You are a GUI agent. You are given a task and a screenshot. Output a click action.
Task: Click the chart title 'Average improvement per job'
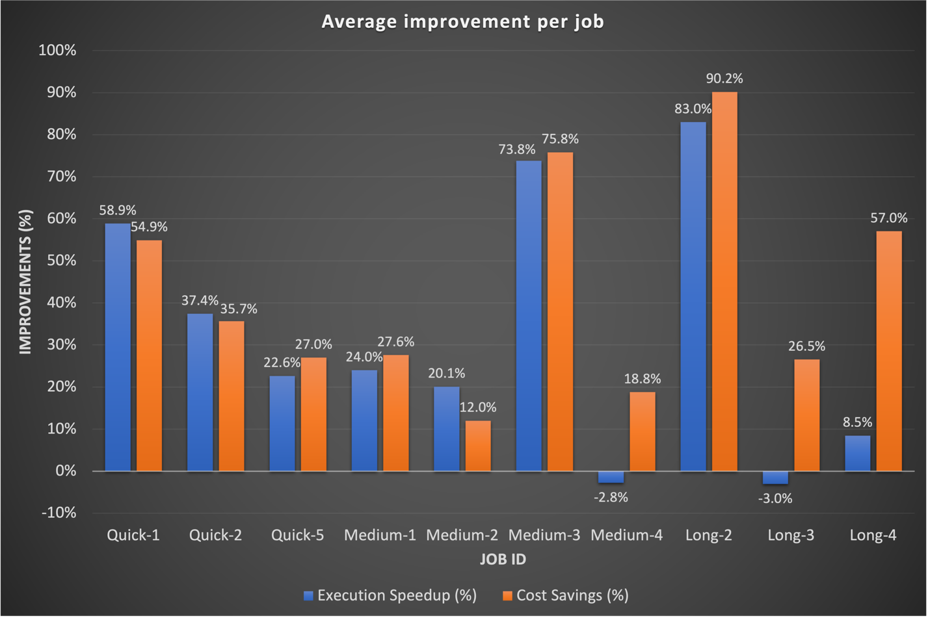tap(462, 21)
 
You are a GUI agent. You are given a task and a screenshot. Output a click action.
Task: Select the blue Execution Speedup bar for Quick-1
tap(118, 347)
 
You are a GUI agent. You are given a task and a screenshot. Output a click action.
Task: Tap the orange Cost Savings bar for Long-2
tap(724, 281)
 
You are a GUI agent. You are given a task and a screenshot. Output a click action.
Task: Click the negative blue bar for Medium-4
tap(611, 477)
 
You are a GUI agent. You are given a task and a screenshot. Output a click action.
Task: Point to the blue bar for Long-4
tap(857, 453)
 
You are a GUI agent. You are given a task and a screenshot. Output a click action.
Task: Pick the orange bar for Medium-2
tap(478, 446)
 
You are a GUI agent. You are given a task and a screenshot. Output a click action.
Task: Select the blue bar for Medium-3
tap(528, 316)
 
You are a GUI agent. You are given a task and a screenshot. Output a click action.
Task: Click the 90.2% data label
tap(724, 79)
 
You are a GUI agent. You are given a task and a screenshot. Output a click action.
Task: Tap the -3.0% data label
tap(775, 498)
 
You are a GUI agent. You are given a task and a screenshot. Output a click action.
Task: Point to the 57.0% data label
tap(888, 218)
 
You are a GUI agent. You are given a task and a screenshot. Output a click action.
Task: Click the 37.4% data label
tap(200, 300)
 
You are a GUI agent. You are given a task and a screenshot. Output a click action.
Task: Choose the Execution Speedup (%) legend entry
tap(390, 595)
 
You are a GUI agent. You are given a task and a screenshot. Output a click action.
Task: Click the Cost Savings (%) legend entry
tap(566, 595)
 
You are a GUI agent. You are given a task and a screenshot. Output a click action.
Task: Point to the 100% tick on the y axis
tap(57, 51)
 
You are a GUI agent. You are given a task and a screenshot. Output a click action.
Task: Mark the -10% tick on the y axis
tap(59, 513)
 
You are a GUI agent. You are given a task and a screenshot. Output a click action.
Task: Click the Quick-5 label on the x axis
tap(297, 535)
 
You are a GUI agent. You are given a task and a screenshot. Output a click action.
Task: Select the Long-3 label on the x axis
tap(791, 535)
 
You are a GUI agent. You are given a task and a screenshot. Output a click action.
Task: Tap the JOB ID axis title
tap(503, 560)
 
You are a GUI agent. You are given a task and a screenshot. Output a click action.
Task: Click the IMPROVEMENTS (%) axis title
tap(25, 281)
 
